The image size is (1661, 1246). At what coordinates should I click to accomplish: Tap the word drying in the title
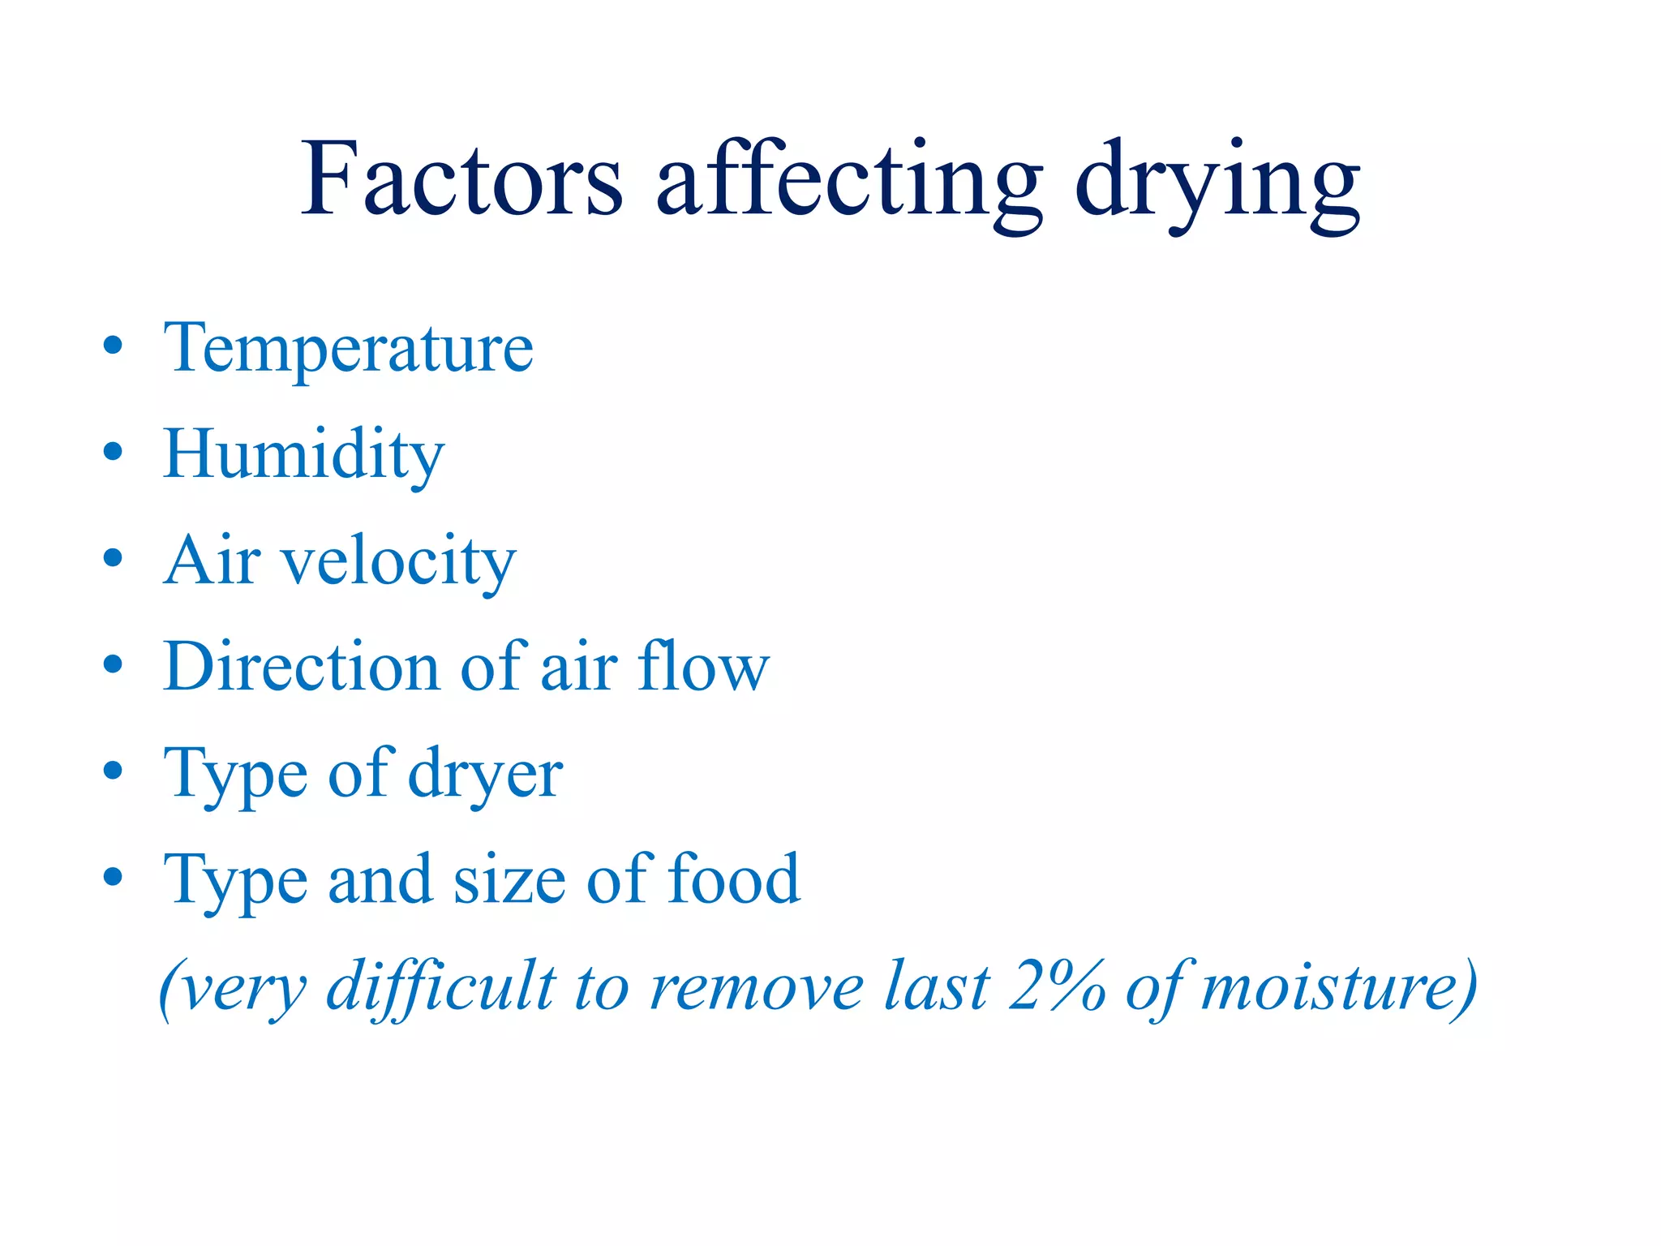1217,183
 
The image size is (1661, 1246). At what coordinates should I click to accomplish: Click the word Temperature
349,349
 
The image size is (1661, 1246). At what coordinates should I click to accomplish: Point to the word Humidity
304,455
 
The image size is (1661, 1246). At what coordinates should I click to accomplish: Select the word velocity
398,561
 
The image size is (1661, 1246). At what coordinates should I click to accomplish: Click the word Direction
301,667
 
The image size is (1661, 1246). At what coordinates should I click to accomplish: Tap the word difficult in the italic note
441,987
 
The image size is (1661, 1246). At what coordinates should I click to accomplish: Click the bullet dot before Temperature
114,345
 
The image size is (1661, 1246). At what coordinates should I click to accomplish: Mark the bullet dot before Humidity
114,451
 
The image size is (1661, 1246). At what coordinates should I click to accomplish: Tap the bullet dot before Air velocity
114,557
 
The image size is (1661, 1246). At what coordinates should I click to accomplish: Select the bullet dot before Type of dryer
114,771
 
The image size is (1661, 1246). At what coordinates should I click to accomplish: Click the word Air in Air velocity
212,561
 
